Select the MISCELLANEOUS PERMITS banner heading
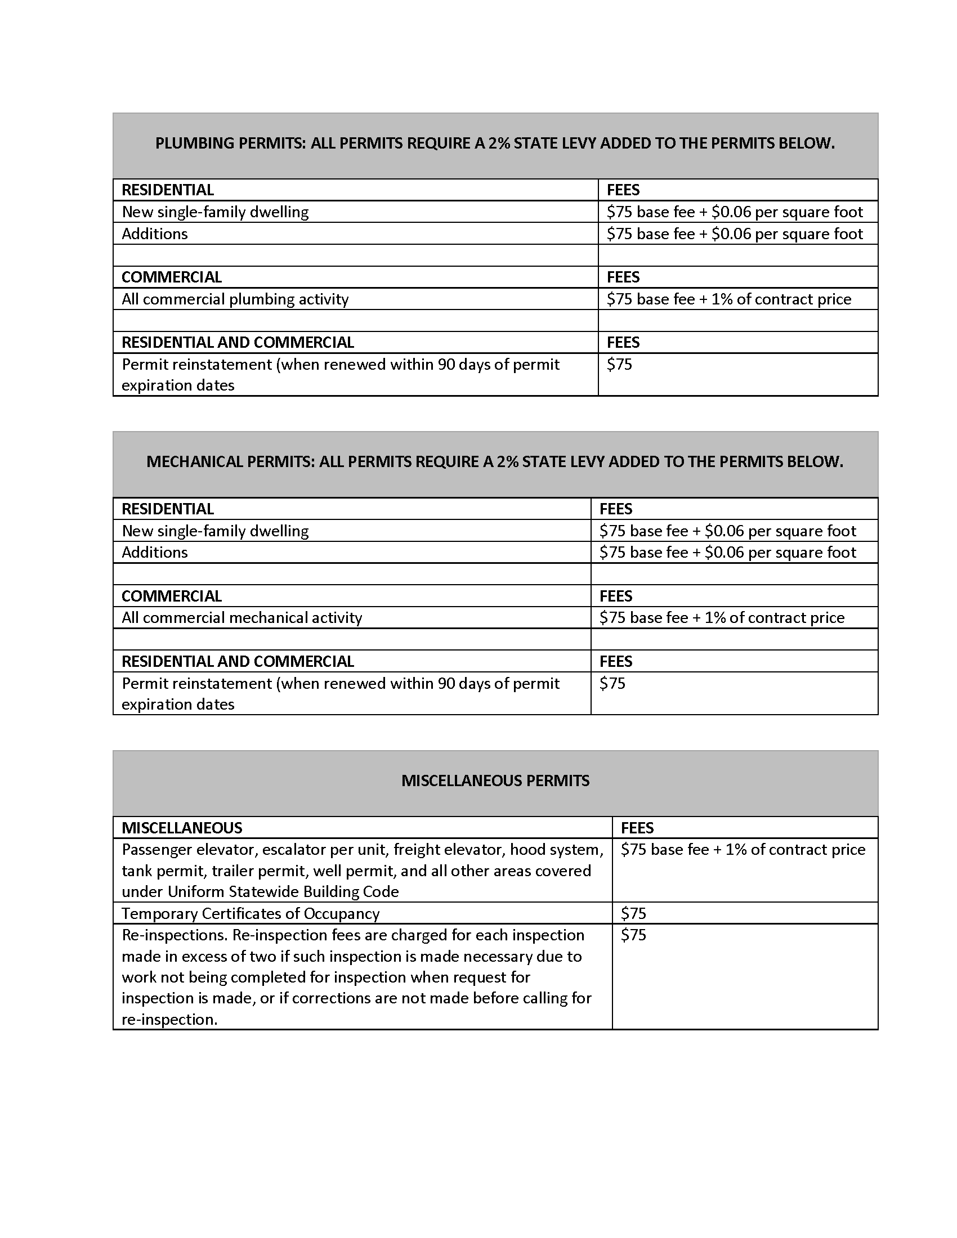495,781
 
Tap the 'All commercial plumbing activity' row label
235,299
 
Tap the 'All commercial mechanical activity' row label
242,617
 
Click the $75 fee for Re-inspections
633,935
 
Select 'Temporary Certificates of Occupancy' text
251,913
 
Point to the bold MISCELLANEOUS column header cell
182,828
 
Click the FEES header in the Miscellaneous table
637,828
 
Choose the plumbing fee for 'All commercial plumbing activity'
728,299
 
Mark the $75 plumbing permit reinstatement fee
619,364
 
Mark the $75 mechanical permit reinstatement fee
612,683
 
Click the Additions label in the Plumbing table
155,234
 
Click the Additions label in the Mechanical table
155,552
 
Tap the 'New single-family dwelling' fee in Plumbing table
734,212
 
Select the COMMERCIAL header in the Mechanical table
171,596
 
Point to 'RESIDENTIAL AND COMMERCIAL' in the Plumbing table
238,342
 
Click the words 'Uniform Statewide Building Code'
283,892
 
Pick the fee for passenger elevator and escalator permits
743,849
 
